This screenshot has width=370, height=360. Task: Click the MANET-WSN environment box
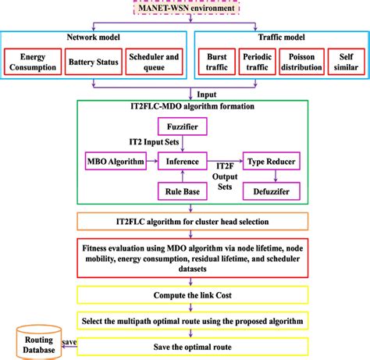pyautogui.click(x=186, y=7)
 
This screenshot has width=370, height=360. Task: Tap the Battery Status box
pyautogui.click(x=91, y=62)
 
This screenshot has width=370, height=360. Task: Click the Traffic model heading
pyautogui.click(x=278, y=37)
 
